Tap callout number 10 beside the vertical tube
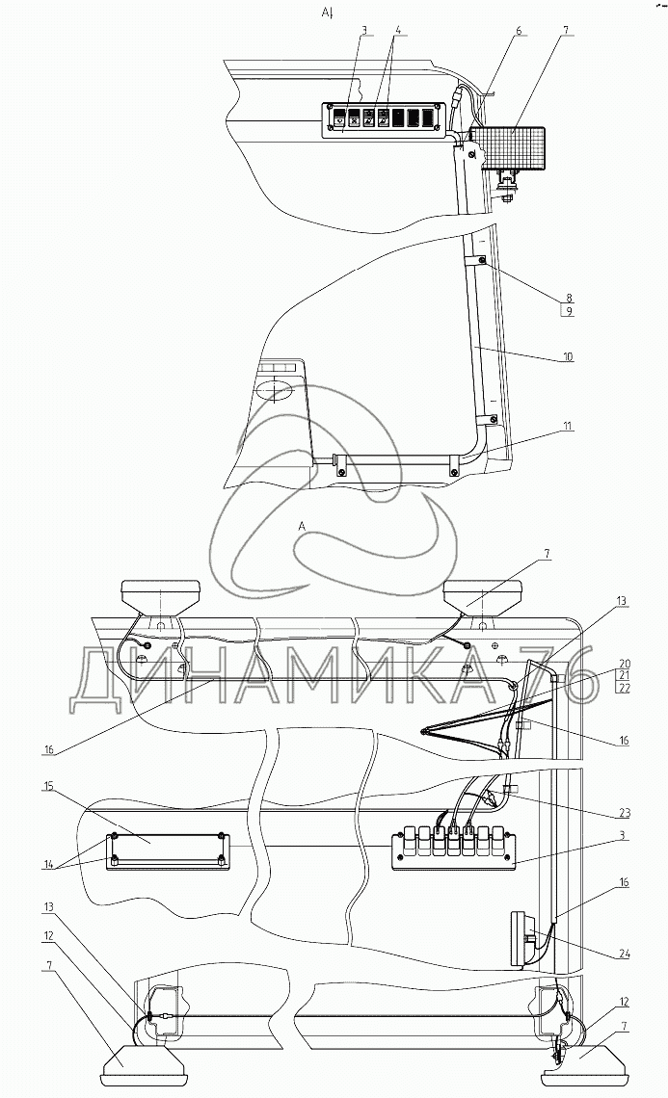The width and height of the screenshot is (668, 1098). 568,355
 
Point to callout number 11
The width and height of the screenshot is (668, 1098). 568,425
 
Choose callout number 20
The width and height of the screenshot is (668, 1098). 624,664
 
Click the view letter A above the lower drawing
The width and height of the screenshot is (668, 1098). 303,526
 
